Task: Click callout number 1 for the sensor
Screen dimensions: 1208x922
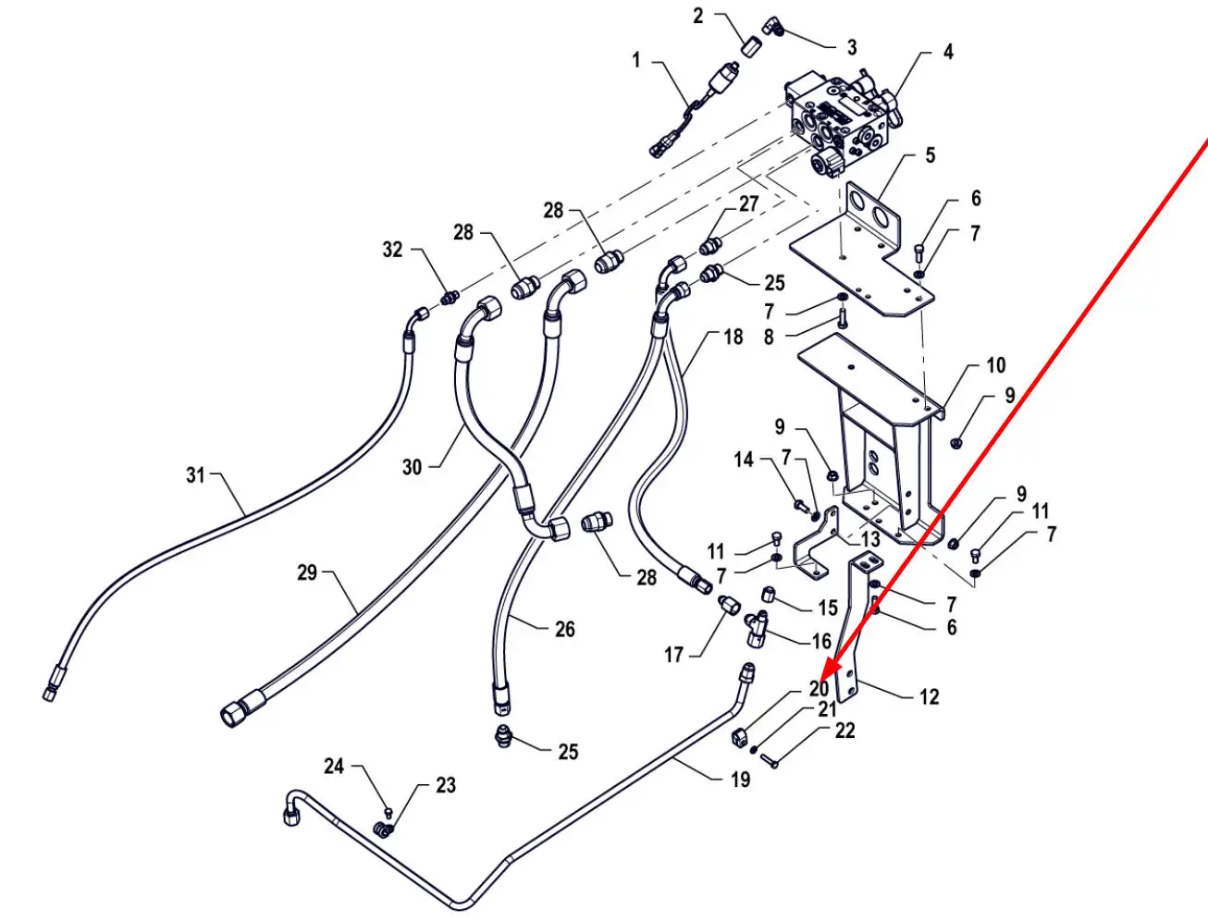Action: [636, 60]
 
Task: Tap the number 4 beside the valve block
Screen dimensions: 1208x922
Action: [948, 52]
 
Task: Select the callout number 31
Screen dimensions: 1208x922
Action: [195, 474]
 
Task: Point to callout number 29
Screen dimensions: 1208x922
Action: [307, 572]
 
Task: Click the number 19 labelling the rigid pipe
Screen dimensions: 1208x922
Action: [740, 780]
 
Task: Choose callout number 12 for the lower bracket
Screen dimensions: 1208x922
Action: [929, 697]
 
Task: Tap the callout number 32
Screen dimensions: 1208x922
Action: [392, 250]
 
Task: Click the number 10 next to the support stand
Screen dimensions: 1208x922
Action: [996, 365]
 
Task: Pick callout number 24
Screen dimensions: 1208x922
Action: [334, 767]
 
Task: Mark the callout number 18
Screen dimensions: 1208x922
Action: [733, 337]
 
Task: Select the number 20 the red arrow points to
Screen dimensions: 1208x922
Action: [819, 689]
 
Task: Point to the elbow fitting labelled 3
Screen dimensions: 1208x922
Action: [774, 26]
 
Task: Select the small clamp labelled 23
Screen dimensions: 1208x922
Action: [385, 830]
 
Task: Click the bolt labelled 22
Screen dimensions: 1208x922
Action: [770, 762]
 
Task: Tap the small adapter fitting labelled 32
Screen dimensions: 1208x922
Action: [450, 299]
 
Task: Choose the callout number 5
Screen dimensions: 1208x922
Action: [931, 155]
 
